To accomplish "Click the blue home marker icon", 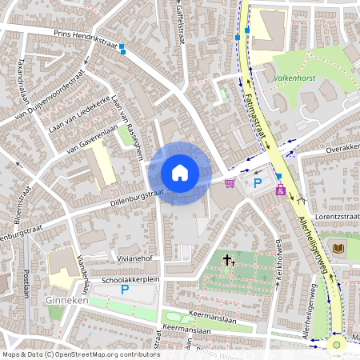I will [x=180, y=173].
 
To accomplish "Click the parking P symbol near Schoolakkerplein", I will [x=125, y=290].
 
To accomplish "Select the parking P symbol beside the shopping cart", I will [x=258, y=183].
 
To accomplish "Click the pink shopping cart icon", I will [x=230, y=183].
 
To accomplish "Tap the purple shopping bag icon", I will [x=281, y=190].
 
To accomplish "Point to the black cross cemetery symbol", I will [x=228, y=260].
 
